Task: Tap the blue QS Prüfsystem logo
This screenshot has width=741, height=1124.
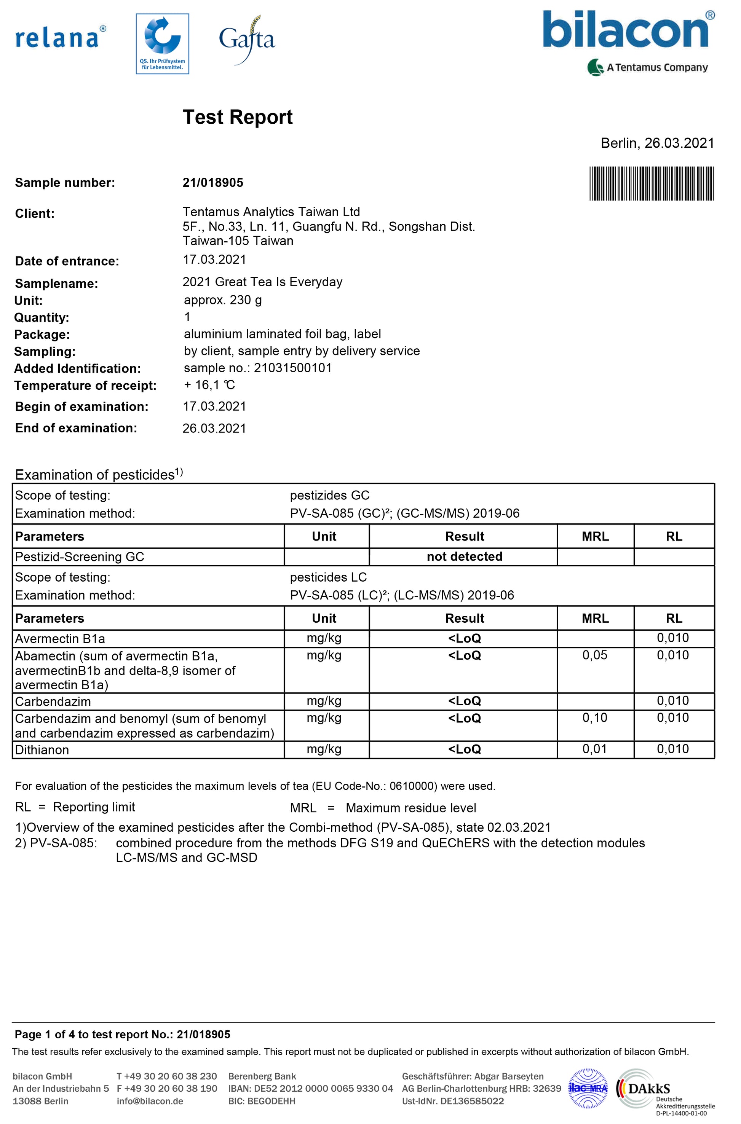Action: pyautogui.click(x=162, y=43)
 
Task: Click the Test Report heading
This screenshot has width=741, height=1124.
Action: pyautogui.click(x=237, y=117)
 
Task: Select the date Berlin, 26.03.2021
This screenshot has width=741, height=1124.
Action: pyautogui.click(x=657, y=143)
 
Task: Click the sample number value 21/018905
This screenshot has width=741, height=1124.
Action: pyautogui.click(x=212, y=183)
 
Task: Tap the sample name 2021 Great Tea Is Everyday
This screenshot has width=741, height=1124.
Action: pyautogui.click(x=262, y=282)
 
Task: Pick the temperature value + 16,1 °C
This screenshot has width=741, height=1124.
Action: pyautogui.click(x=209, y=385)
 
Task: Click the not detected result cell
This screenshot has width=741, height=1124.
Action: pyautogui.click(x=464, y=556)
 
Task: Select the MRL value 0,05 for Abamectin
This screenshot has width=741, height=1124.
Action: pyautogui.click(x=594, y=655)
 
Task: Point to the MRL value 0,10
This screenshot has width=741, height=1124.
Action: pyautogui.click(x=594, y=718)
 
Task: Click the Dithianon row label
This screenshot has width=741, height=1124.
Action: pyautogui.click(x=42, y=750)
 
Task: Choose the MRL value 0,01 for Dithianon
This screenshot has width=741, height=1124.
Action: pyautogui.click(x=594, y=749)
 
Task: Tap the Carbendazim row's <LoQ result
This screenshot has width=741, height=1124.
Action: pyautogui.click(x=464, y=701)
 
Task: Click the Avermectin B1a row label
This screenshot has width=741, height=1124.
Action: pyautogui.click(x=60, y=639)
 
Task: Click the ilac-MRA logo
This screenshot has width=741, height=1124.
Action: pyautogui.click(x=588, y=1088)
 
